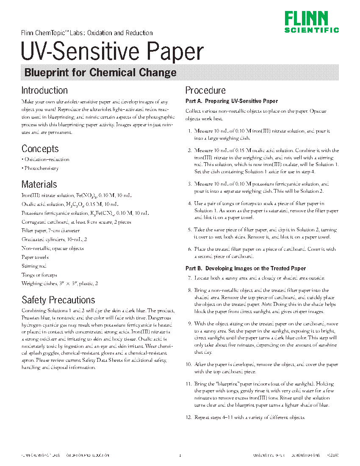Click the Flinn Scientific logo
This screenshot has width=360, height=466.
click(x=311, y=22)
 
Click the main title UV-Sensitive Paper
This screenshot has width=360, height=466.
click(x=112, y=52)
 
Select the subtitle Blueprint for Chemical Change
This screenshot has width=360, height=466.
click(x=100, y=72)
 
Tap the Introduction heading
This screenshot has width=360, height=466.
click(x=44, y=90)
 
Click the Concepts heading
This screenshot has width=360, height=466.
click(x=40, y=149)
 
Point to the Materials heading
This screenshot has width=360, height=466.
click(x=39, y=184)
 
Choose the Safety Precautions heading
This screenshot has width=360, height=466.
click(x=58, y=300)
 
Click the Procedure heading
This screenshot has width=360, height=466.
click(x=206, y=90)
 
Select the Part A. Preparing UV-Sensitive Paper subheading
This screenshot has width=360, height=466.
click(x=232, y=101)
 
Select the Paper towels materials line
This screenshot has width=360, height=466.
click(x=35, y=257)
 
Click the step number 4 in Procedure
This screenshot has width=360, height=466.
click(x=190, y=204)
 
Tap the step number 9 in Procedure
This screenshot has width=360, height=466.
click(x=190, y=324)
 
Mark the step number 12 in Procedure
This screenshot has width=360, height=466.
click(x=189, y=417)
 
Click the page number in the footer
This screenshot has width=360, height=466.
click(x=180, y=456)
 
